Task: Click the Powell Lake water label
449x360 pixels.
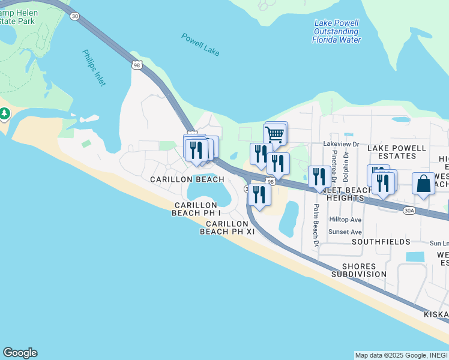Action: [200, 44]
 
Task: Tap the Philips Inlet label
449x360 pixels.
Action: [94, 67]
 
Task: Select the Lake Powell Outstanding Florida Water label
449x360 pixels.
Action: [336, 31]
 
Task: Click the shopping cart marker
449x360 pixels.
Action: [274, 135]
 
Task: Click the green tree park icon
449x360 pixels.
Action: [4, 113]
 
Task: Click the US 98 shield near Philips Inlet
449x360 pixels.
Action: [137, 65]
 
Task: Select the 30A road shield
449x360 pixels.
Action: [409, 211]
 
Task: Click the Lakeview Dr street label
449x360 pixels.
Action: [340, 144]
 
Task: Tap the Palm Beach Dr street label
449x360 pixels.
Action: [315, 225]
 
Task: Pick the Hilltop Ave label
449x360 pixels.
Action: [345, 220]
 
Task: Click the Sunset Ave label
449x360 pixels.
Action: [345, 232]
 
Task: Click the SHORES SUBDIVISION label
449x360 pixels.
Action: [364, 270]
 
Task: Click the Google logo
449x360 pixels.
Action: [20, 353]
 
